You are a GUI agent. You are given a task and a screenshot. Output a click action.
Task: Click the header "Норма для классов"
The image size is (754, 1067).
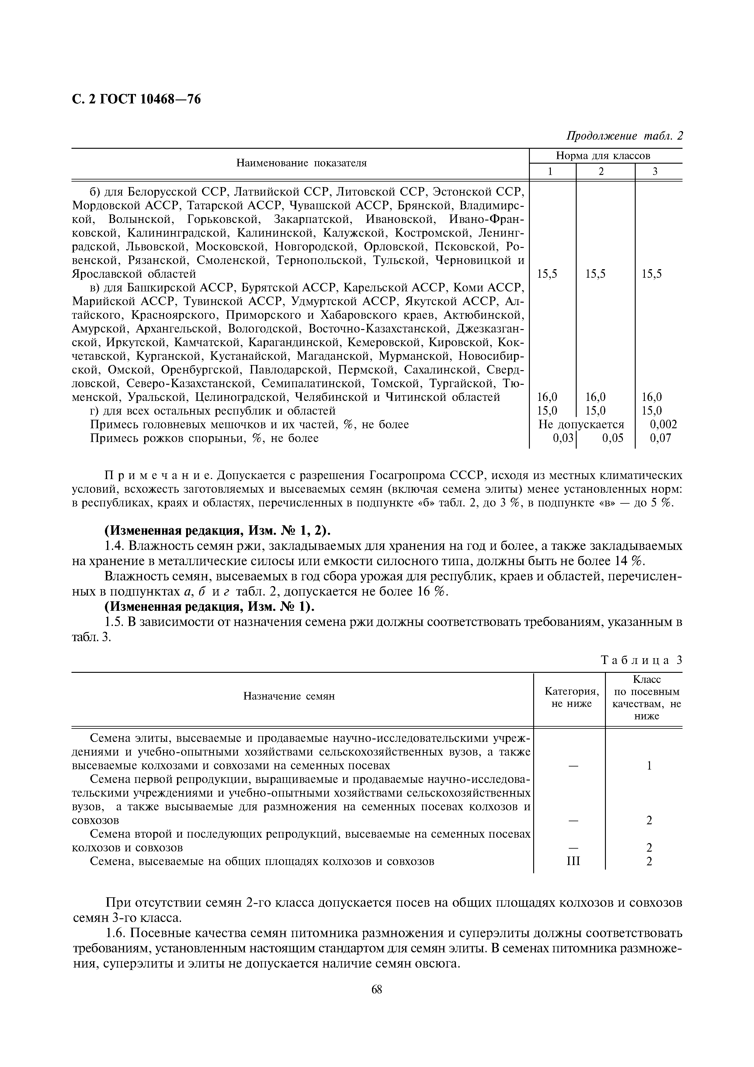(x=603, y=156)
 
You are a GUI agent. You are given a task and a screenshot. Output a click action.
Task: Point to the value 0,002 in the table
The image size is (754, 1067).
(x=663, y=424)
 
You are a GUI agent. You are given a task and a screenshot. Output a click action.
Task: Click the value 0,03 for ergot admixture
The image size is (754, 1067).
(x=563, y=438)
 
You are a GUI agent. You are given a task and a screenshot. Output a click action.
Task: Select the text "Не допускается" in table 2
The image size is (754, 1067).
(x=581, y=424)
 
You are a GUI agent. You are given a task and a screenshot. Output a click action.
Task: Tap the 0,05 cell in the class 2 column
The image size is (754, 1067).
(x=612, y=438)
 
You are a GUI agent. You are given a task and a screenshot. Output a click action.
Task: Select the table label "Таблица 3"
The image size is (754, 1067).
(x=641, y=660)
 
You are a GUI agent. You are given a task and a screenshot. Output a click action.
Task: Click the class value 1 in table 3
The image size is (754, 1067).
(x=649, y=766)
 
